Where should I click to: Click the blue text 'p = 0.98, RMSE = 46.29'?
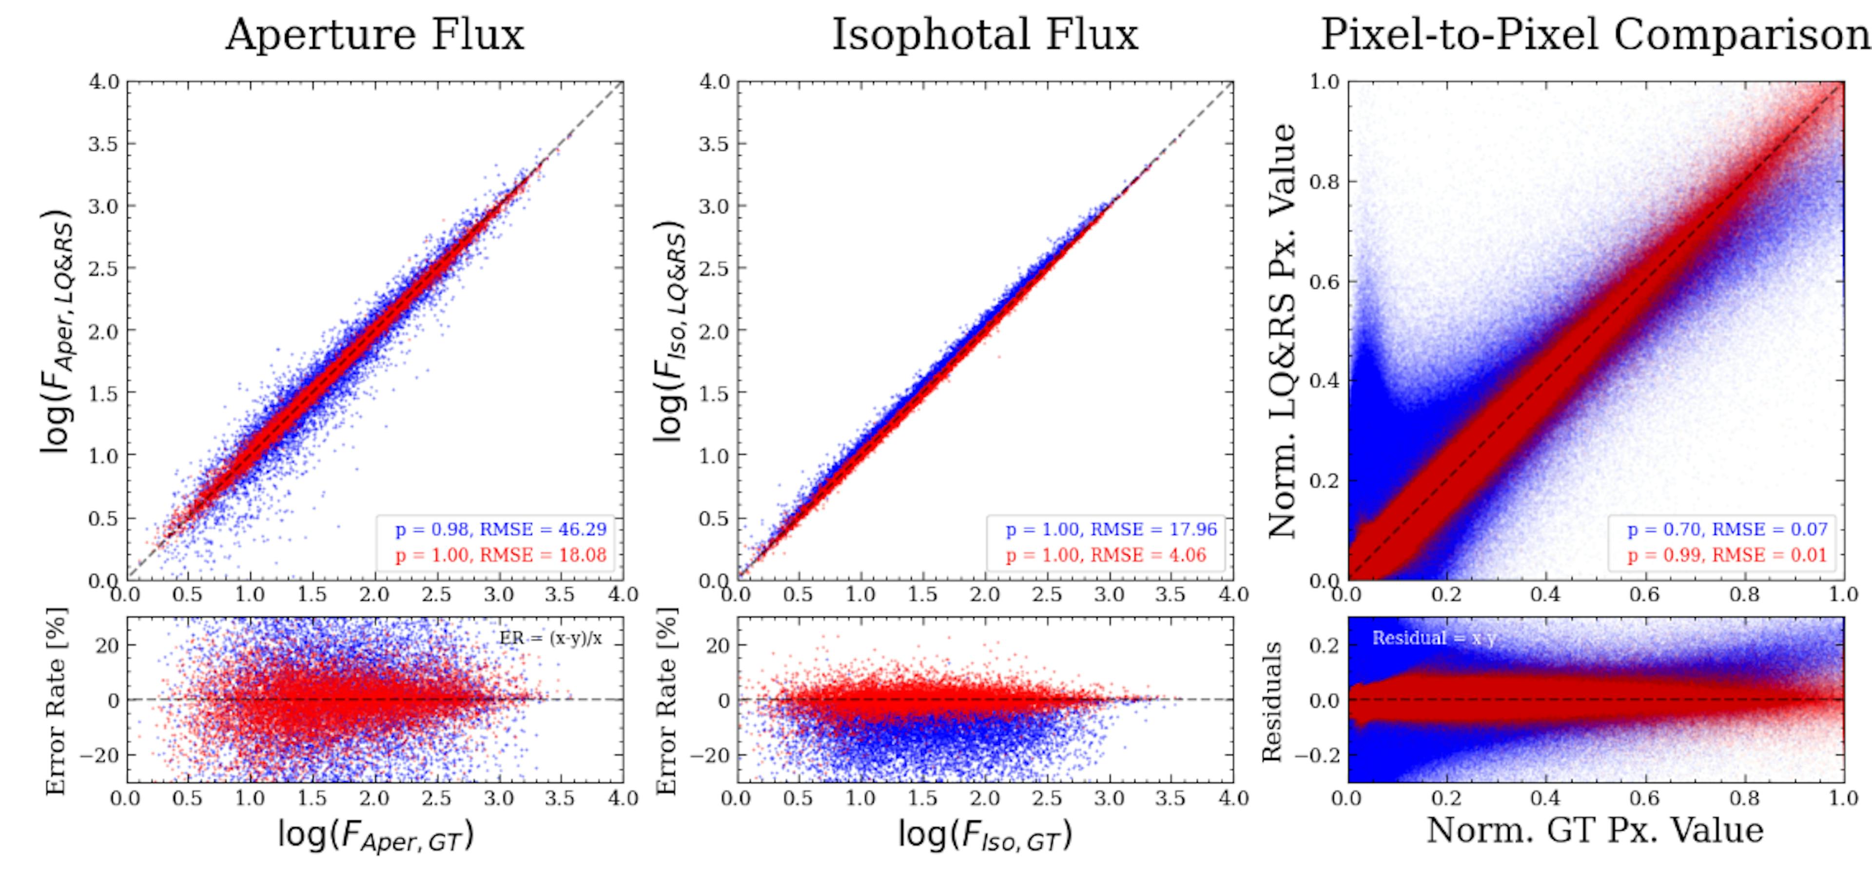click(x=500, y=530)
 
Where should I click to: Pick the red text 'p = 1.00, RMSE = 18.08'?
click(x=500, y=556)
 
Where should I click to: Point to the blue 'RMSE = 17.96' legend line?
click(x=1111, y=530)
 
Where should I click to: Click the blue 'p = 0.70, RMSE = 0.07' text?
click(x=1727, y=530)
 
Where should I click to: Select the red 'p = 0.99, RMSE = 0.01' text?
click(x=1727, y=556)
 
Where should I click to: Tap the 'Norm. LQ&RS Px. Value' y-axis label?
click(x=1283, y=331)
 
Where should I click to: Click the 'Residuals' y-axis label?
click(x=1272, y=701)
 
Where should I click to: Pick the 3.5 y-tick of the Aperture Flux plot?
click(x=104, y=144)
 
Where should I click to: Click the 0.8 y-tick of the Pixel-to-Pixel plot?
click(x=1324, y=182)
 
